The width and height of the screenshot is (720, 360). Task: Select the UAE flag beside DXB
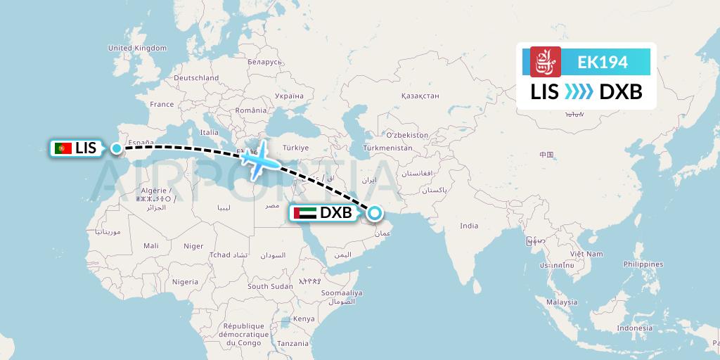[x=307, y=212]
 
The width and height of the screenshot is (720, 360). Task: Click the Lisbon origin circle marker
[x=116, y=148]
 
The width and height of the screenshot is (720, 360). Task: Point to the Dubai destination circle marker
[x=374, y=212]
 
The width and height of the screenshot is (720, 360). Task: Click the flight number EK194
[x=603, y=62]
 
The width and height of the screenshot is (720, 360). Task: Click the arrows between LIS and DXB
[x=579, y=92]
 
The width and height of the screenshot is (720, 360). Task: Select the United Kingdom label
[x=137, y=48]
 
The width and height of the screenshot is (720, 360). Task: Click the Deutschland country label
[x=197, y=78]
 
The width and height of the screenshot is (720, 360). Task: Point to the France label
[x=162, y=104]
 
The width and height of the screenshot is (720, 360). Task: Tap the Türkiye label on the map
[x=295, y=148]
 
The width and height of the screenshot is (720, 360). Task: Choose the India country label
[x=469, y=226]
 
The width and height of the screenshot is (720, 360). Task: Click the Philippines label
[x=643, y=264]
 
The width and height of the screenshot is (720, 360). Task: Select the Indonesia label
[x=635, y=328]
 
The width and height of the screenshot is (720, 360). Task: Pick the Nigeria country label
[x=186, y=281]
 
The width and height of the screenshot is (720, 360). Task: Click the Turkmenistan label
[x=387, y=149]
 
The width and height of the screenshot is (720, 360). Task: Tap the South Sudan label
[x=270, y=286]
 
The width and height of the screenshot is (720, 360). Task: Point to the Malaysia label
[x=562, y=302]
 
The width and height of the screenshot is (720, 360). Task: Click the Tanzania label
[x=292, y=343]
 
